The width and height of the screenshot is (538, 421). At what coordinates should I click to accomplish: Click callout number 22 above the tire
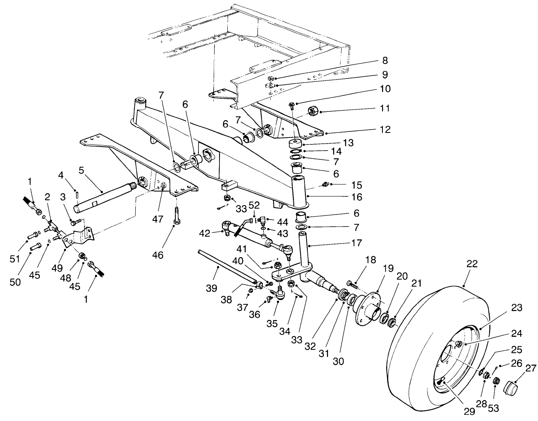pos(472,264)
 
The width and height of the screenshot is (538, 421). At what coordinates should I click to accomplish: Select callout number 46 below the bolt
pos(158,255)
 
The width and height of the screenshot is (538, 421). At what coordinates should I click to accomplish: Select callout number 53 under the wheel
pos(493,408)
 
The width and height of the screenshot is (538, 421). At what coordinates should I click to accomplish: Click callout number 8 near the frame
pos(385,61)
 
